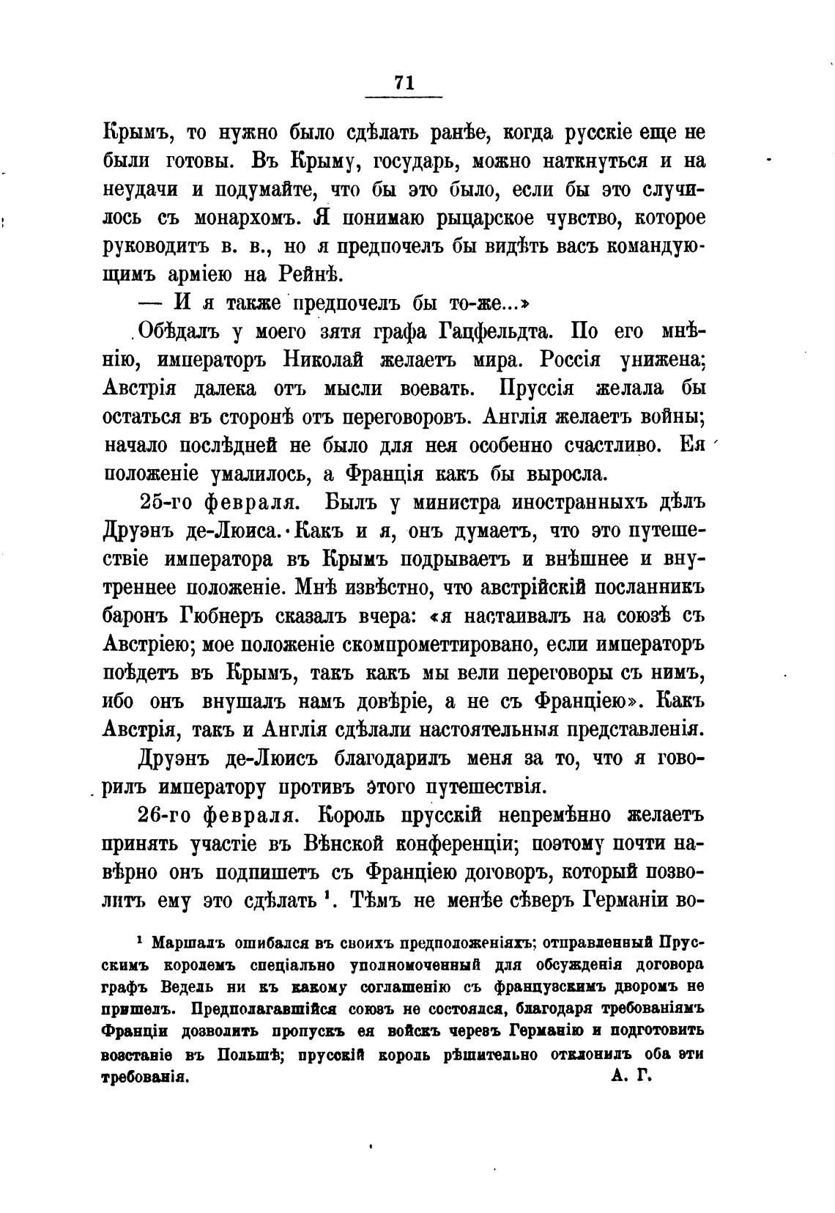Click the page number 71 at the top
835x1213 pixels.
pos(404,83)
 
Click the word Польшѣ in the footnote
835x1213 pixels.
pos(247,1056)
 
